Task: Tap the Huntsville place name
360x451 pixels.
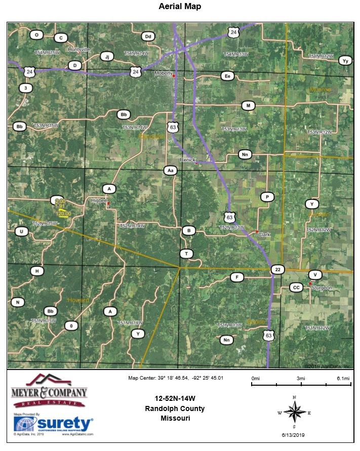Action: point(78,50)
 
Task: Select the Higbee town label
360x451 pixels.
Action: point(98,200)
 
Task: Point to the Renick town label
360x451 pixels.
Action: point(187,159)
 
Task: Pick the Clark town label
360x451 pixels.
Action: point(264,235)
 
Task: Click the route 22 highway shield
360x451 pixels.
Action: point(277,270)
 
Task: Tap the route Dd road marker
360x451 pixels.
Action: point(148,36)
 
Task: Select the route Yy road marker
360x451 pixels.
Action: point(345,61)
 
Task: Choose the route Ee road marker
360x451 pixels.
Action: point(227,76)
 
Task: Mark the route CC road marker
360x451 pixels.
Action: point(297,288)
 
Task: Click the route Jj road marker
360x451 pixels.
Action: point(106,56)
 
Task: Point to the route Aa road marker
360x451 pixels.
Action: point(170,171)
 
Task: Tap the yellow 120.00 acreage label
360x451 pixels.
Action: point(63,214)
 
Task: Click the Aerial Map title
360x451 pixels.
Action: point(180,7)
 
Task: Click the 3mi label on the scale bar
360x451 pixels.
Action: point(301,379)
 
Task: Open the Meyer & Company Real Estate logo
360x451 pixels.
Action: point(49,391)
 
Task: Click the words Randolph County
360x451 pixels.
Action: point(175,408)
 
